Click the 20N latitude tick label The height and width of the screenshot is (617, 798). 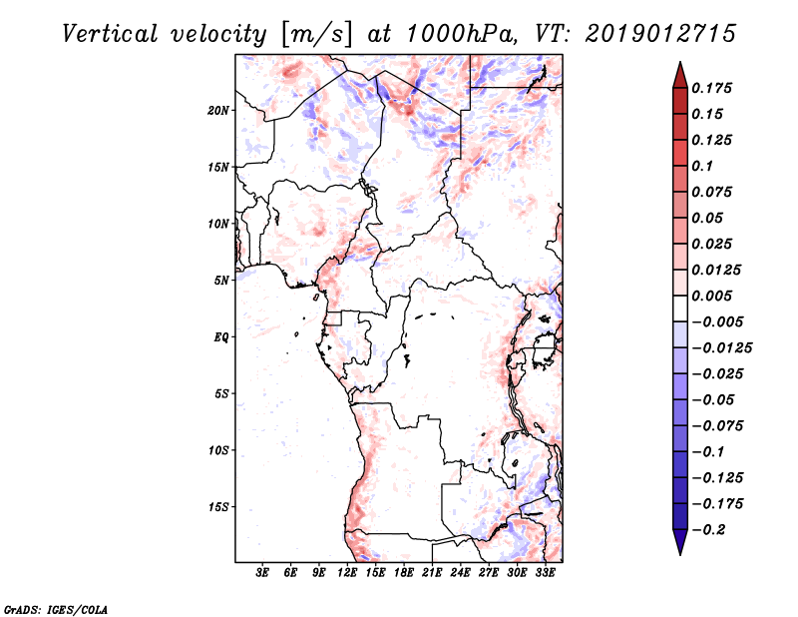click(218, 110)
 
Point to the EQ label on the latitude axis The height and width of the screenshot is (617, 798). click(220, 337)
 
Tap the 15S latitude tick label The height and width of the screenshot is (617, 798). click(218, 507)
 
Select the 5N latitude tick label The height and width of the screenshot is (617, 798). click(221, 281)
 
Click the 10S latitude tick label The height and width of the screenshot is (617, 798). click(218, 450)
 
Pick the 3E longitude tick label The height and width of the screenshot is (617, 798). click(262, 573)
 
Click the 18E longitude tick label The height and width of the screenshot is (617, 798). click(404, 573)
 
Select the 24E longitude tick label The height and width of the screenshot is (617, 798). click(461, 573)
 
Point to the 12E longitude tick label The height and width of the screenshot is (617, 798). click(347, 573)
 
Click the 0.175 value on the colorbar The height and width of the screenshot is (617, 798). click(713, 88)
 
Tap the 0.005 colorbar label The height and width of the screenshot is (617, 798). click(713, 297)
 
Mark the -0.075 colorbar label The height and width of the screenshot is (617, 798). click(717, 426)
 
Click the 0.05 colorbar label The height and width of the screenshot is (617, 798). click(708, 218)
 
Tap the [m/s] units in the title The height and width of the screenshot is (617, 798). click(315, 35)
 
